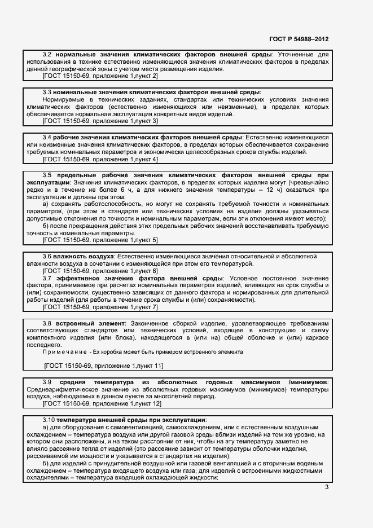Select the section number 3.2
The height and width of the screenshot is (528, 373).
click(47, 54)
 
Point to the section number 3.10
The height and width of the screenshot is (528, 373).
click(49, 420)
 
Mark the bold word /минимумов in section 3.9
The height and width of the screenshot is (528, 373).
click(308, 382)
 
